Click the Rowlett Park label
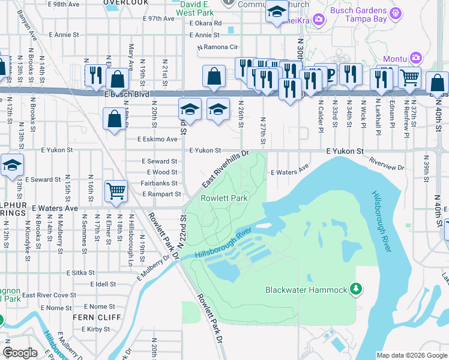point(224,197)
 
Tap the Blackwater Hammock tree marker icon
point(356,290)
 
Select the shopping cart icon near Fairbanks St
point(115,191)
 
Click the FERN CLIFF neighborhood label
point(97,317)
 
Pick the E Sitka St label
point(79,272)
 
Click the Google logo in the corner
point(20,353)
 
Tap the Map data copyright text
point(411,355)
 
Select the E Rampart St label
point(161,194)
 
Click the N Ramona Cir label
point(218,47)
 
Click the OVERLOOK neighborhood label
point(126,2)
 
